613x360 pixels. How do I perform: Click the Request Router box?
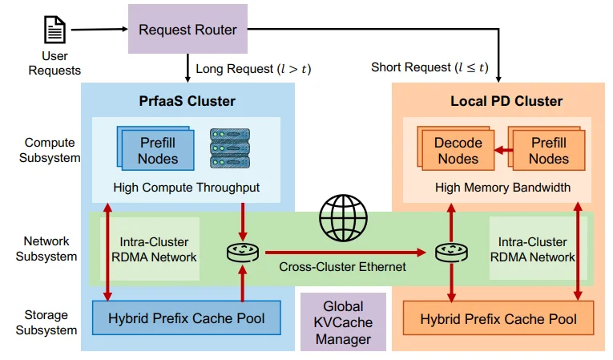[188, 30]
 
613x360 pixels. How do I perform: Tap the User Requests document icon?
[55, 30]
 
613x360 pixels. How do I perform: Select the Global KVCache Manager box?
[343, 322]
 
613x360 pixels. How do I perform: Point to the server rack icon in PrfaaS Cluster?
[227, 148]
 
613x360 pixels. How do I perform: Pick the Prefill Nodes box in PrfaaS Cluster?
[157, 150]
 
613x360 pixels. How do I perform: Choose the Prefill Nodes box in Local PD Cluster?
[548, 150]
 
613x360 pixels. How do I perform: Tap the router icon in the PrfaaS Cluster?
[241, 253]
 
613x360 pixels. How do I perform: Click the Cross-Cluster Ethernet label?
[342, 266]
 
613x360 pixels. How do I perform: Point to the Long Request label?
[253, 69]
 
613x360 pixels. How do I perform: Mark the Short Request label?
[430, 67]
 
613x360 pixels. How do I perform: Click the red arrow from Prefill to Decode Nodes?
[502, 150]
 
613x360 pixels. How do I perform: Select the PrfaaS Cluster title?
[188, 101]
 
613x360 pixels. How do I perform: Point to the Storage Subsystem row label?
[46, 322]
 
